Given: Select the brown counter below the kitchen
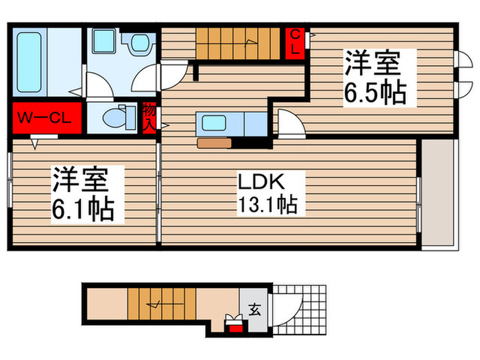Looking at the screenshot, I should [x=215, y=143].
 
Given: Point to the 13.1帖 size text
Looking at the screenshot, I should [x=267, y=204].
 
